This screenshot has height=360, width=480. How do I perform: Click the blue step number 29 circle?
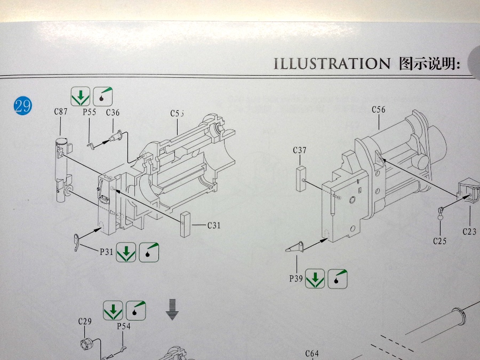pos(23,105)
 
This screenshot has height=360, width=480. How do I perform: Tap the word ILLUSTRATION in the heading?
pos(332,64)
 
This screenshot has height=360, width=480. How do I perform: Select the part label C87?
pos(61,112)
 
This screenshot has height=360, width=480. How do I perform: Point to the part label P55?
pos(89,113)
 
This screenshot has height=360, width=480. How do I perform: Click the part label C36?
pos(113,113)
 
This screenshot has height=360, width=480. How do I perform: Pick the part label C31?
pos(213,225)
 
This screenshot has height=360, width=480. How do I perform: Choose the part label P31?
pos(107,252)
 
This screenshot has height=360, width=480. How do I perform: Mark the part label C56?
pos(379,110)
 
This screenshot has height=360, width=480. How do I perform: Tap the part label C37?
pos(300,150)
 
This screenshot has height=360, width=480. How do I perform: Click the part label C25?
pos(439,241)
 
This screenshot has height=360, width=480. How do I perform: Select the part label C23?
pos(469,231)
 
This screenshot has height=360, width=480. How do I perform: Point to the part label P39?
pos(296,278)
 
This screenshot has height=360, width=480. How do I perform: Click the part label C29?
pos(85,321)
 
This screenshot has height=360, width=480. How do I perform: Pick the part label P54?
pos(123,326)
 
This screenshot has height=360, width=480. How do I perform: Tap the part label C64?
pos(312,353)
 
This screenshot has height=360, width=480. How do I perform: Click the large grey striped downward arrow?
pos(171,309)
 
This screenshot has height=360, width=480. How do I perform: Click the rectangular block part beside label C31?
pos(185,224)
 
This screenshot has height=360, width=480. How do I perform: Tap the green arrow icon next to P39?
pos(315,278)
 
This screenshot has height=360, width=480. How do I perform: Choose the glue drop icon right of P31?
pos(149,252)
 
